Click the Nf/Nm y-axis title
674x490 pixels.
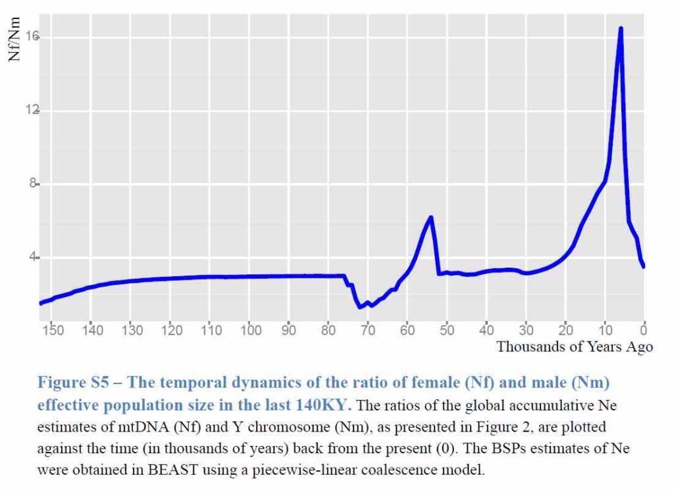[14, 41]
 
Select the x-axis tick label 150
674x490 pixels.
[53, 330]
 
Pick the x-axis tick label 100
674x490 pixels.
[250, 330]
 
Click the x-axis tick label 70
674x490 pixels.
[368, 330]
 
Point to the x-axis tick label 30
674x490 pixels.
[525, 330]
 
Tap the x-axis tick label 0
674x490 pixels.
[644, 330]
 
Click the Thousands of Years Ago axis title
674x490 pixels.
[574, 347]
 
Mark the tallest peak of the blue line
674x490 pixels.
[621, 28]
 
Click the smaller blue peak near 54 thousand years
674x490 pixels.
[430, 217]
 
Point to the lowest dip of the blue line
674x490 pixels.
[360, 307]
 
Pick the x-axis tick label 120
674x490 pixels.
[171, 330]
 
